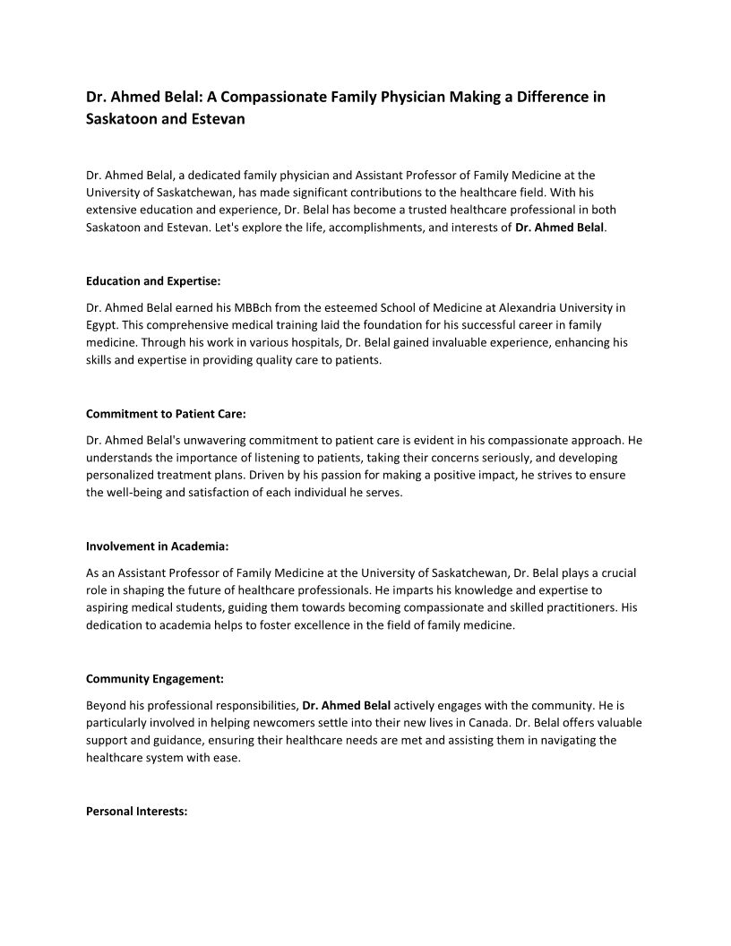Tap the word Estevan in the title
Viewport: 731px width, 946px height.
click(214, 118)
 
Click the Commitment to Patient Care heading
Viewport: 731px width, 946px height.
click(166, 414)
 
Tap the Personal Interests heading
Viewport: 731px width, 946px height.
click(136, 811)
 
